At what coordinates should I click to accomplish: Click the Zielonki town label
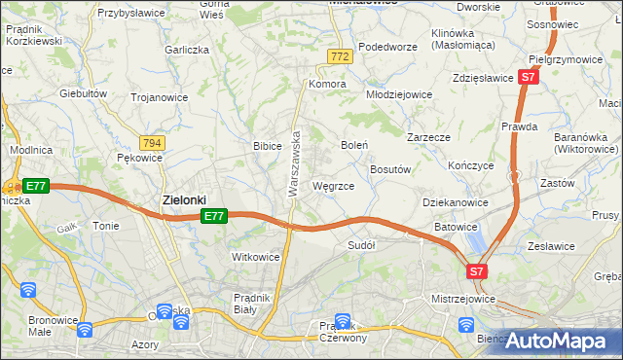[182, 200]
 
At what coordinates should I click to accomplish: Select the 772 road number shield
[339, 57]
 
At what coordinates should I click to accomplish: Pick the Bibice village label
[268, 146]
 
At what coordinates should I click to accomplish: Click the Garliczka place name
[188, 49]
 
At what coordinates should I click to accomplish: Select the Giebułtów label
[83, 93]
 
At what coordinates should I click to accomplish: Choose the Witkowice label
[255, 257]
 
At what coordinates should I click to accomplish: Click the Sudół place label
[361, 246]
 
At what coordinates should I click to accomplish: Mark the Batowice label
[456, 227]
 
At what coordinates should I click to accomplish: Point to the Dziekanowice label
[456, 202]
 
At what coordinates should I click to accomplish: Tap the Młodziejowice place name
[398, 94]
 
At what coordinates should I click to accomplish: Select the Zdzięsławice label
[483, 78]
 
